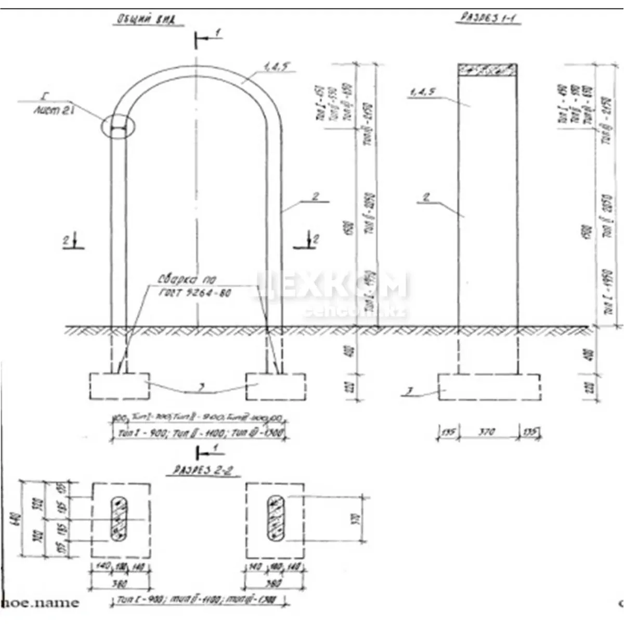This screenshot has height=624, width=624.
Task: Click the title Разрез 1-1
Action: click(489, 18)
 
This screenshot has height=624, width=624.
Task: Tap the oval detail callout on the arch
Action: click(119, 126)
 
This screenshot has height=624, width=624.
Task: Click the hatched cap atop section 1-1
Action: click(487, 70)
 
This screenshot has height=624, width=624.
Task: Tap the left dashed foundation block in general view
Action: click(119, 386)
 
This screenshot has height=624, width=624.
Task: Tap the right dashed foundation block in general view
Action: click(276, 386)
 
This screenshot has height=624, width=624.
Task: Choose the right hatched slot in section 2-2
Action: click(275, 518)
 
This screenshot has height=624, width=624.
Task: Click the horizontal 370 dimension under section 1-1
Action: click(487, 432)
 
